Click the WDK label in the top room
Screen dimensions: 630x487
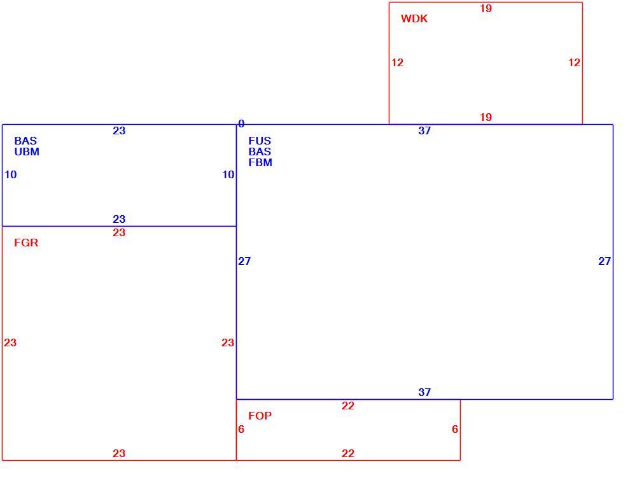pos(414,18)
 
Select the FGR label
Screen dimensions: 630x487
pos(26,243)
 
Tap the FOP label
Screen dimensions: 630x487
pos(260,416)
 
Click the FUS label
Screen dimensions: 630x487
pos(260,141)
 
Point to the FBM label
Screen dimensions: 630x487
pos(260,163)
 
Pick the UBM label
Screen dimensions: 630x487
pos(27,152)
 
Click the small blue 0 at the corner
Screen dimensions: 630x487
pos(241,124)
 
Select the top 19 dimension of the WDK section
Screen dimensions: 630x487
pos(486,8)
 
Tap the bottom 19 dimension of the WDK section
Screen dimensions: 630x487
pos(486,117)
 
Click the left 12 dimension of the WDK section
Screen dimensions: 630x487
pos(397,62)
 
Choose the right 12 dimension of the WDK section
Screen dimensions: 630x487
pos(574,62)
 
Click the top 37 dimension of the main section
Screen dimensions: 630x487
pos(424,131)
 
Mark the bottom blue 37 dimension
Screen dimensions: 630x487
pos(424,393)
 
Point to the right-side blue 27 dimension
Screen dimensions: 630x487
pos(605,261)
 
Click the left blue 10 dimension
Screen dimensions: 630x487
pos(11,175)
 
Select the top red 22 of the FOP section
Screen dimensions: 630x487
pos(348,406)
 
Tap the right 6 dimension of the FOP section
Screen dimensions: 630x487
pos(455,430)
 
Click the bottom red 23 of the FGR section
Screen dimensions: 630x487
pos(119,454)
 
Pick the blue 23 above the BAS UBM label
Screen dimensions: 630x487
pos(119,131)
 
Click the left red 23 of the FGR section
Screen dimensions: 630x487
pos(10,342)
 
